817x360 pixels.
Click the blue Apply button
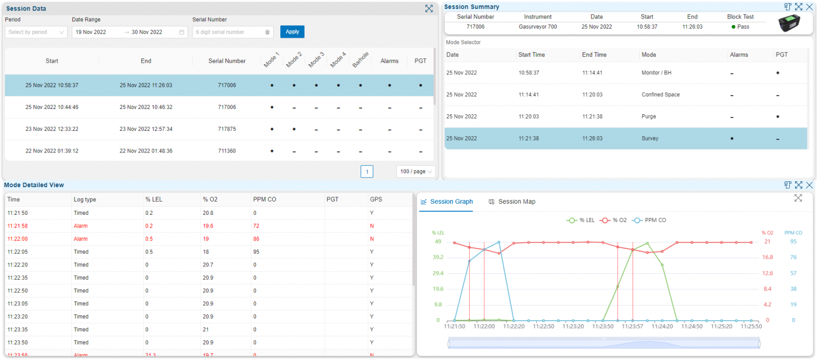[292, 32]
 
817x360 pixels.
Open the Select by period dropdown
[36, 32]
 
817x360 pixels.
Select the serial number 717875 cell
[227, 129]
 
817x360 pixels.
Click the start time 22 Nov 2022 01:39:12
[52, 151]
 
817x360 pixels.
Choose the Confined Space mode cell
[661, 95]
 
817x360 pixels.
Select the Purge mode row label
[648, 116]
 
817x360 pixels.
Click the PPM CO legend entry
[649, 220]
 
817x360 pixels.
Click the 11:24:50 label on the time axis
[691, 326]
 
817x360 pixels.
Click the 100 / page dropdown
[415, 172]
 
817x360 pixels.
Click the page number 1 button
[366, 172]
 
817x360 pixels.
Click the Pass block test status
[740, 27]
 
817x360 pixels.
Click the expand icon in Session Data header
[429, 9]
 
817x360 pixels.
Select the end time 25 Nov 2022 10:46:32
[146, 107]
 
